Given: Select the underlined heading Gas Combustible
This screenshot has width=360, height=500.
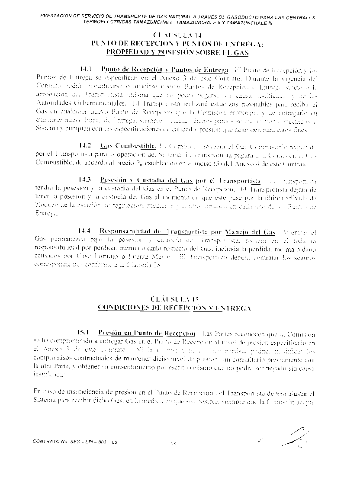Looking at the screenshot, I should click(x=128, y=145).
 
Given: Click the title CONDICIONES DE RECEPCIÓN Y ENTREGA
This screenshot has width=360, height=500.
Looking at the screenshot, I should click(x=174, y=308).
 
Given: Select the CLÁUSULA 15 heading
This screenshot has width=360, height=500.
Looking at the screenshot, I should click(x=174, y=299).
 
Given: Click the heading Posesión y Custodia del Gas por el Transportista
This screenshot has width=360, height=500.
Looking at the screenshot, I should click(x=180, y=179).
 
